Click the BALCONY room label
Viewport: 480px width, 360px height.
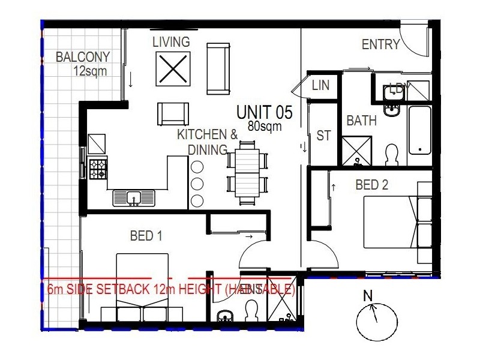click(83, 58)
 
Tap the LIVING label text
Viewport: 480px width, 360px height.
click(170, 42)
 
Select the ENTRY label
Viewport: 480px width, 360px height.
click(380, 44)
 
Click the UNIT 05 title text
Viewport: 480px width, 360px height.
click(264, 112)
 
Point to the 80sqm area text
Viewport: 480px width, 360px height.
click(264, 127)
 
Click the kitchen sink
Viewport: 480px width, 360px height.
click(134, 197)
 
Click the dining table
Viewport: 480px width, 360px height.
click(247, 170)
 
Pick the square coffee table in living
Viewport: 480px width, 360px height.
click(173, 70)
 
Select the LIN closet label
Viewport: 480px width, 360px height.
click(320, 86)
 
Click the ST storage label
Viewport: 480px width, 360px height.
click(323, 136)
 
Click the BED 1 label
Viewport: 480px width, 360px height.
click(146, 236)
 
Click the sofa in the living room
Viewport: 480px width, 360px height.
click(218, 68)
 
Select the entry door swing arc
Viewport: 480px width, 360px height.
click(412, 42)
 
